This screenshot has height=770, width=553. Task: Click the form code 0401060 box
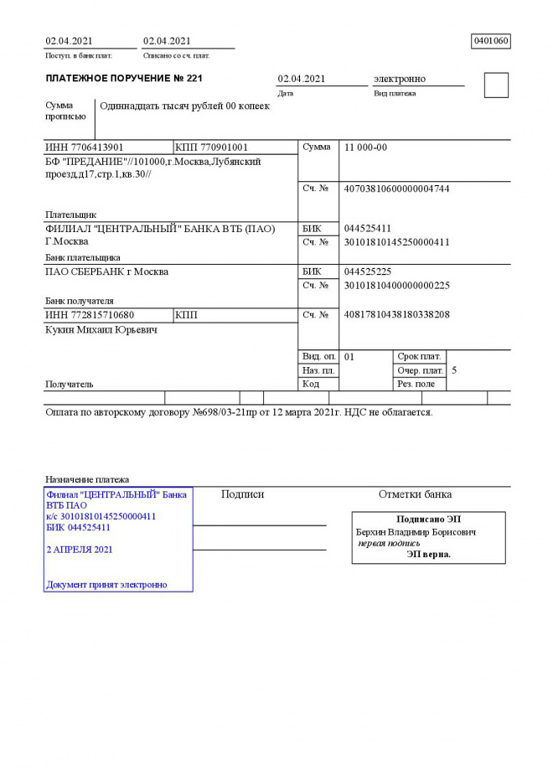tap(491, 41)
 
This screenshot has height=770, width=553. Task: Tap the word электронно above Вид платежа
tap(399, 79)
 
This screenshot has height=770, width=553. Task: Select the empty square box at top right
tap(496, 85)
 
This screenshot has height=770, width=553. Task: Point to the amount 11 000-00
tap(365, 147)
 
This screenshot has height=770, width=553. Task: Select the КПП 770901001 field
tap(212, 147)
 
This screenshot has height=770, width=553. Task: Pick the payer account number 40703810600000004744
tap(396, 189)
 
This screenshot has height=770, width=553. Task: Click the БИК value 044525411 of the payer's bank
tap(368, 229)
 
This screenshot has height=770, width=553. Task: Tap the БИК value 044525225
tap(368, 272)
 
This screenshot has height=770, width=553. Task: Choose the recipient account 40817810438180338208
tap(396, 315)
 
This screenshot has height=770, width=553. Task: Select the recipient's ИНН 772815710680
tap(90, 315)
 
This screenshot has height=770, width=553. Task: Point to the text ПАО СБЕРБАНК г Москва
tap(106, 272)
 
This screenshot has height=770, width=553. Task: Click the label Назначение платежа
tap(86, 479)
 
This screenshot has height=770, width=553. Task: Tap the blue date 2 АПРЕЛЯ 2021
tap(80, 550)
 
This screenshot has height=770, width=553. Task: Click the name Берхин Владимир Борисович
tap(416, 532)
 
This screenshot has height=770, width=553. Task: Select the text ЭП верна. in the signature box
tap(428, 554)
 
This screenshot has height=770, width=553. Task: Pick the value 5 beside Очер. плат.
tap(454, 369)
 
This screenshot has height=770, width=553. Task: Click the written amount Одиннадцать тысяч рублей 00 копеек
tap(184, 106)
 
